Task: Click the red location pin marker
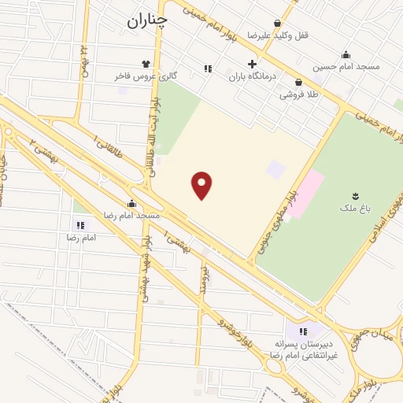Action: click(x=202, y=185)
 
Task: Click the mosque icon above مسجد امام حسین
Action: click(x=346, y=54)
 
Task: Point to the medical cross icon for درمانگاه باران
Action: click(x=252, y=65)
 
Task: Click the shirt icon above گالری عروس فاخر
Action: click(x=145, y=64)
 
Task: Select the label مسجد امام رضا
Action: click(x=132, y=214)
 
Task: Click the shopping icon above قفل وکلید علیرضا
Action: click(x=277, y=24)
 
